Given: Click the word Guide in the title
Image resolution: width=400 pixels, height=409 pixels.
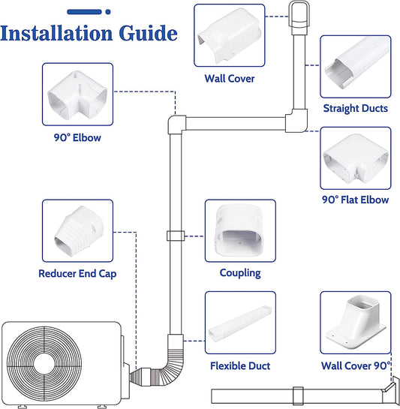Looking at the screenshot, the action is [x=148, y=33].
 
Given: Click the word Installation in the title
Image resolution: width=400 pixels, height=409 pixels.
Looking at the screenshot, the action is [x=56, y=33].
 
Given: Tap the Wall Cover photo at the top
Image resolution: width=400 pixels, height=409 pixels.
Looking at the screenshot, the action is [x=230, y=35].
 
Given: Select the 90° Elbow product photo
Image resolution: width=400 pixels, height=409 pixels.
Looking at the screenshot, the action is [x=77, y=94].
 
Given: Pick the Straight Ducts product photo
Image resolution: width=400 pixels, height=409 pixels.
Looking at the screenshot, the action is [x=356, y=67].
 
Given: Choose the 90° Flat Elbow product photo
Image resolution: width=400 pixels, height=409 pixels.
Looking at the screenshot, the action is [x=356, y=158].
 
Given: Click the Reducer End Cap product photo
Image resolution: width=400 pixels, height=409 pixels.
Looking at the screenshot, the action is [x=77, y=231].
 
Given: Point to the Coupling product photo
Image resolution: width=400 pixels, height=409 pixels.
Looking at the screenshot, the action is [x=240, y=231].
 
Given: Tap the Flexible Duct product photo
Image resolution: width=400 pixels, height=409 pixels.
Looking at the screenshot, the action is [x=240, y=323].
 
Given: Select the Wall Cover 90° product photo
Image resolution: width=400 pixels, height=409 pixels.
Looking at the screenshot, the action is [x=356, y=323].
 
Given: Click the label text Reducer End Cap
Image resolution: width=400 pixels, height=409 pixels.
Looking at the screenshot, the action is [x=77, y=274].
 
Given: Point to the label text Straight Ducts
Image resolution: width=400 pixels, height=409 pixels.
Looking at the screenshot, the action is [x=356, y=109].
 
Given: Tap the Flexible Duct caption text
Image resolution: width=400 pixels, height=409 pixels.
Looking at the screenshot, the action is [x=240, y=365].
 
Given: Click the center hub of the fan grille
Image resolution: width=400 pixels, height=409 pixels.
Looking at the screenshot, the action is [x=44, y=364].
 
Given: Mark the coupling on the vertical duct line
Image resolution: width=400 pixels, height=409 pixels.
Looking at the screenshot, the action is [x=176, y=236].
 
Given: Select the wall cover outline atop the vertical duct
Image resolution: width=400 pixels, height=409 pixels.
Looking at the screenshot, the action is [x=299, y=14].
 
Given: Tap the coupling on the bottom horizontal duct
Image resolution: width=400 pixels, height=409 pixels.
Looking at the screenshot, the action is [x=298, y=396].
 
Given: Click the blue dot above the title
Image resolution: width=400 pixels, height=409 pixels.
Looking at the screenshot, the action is [x=108, y=12].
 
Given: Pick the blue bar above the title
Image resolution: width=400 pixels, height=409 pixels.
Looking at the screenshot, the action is [x=84, y=12].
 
